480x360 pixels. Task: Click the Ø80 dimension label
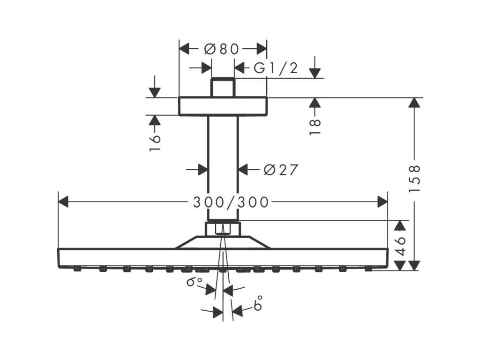click(x=222, y=49)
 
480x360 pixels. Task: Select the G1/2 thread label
click(x=276, y=68)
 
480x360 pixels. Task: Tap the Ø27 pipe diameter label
click(x=281, y=170)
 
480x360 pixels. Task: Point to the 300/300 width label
click(x=231, y=202)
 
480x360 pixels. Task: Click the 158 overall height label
click(x=414, y=179)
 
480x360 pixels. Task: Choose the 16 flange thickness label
click(x=155, y=142)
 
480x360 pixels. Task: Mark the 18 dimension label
click(x=315, y=127)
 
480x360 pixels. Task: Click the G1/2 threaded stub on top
click(x=223, y=88)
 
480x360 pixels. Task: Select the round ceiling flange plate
click(x=223, y=106)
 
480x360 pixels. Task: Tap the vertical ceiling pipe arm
click(x=223, y=168)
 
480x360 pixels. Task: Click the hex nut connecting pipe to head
click(x=223, y=228)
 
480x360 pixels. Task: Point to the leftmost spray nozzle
click(x=77, y=270)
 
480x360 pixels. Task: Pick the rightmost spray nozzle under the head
click(x=368, y=270)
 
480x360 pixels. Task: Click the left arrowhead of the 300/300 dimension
click(x=63, y=202)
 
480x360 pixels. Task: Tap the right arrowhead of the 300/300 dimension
click(x=382, y=202)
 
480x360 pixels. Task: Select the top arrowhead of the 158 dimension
click(x=413, y=103)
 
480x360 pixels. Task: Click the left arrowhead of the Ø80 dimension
click(x=184, y=49)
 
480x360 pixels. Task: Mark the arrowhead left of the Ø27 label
click(x=202, y=170)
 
